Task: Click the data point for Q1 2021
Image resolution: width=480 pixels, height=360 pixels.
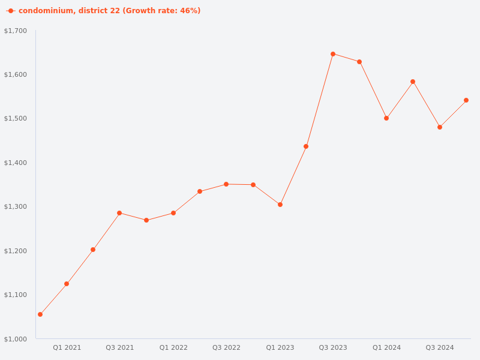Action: (67, 284)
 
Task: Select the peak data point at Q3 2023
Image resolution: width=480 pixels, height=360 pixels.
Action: (333, 54)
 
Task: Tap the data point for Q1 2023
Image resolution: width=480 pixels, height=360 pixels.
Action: (280, 205)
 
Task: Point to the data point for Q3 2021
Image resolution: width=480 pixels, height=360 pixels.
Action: (119, 213)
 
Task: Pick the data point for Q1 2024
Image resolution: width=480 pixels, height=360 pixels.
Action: (386, 118)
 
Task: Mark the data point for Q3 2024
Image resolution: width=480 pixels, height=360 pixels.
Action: (440, 127)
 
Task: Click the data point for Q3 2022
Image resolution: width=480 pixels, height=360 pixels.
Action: (226, 184)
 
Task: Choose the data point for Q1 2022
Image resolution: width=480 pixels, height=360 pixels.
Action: (173, 213)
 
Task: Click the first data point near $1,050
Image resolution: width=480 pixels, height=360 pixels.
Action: (40, 314)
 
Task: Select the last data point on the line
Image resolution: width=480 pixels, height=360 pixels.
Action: (466, 100)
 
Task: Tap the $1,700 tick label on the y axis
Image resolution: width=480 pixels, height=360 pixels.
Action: (16, 31)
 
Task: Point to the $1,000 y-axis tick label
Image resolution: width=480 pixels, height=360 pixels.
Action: (16, 339)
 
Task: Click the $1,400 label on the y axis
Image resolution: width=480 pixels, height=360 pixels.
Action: (16, 163)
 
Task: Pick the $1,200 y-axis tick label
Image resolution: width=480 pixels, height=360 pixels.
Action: (16, 251)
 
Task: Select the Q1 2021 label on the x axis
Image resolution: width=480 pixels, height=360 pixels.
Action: (67, 347)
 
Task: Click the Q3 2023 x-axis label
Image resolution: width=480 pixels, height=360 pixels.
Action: (333, 347)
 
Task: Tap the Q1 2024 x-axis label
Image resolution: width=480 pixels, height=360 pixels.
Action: (386, 347)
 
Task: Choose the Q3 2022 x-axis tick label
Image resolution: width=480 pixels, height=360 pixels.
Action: (226, 347)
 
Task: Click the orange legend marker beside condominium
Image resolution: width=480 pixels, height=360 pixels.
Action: (11, 11)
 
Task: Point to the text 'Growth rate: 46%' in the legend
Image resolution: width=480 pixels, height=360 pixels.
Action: (162, 11)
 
